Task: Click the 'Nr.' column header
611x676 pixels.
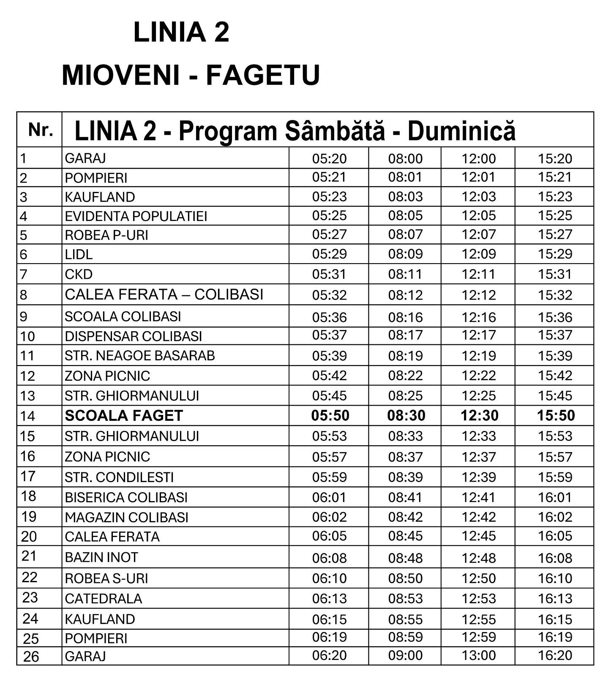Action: coord(40,130)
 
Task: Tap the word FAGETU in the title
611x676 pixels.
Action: coord(262,75)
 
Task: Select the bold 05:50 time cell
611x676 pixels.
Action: coord(330,416)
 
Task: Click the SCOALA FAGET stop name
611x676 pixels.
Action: coord(124,416)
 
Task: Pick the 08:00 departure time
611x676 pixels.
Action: coord(405,159)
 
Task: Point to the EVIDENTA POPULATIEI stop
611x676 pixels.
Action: coord(136,216)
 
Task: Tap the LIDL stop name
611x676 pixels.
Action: coord(79,254)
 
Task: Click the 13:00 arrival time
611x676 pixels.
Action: coord(478,655)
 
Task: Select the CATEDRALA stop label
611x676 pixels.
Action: coord(103,599)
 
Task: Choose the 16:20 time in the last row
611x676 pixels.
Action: coord(555,655)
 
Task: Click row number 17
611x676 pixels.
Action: coord(28,476)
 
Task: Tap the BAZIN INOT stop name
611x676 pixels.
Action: coord(101,558)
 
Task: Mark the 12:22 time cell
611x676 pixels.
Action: coord(478,376)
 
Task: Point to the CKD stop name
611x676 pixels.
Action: coord(79,275)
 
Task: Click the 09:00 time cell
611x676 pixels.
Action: coord(405,655)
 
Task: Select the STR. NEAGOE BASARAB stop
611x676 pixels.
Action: coord(139,356)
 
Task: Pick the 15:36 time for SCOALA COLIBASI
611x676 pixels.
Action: coord(555,317)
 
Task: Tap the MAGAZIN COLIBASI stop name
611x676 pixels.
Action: coord(126,518)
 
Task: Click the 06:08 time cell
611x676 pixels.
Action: coord(329,558)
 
